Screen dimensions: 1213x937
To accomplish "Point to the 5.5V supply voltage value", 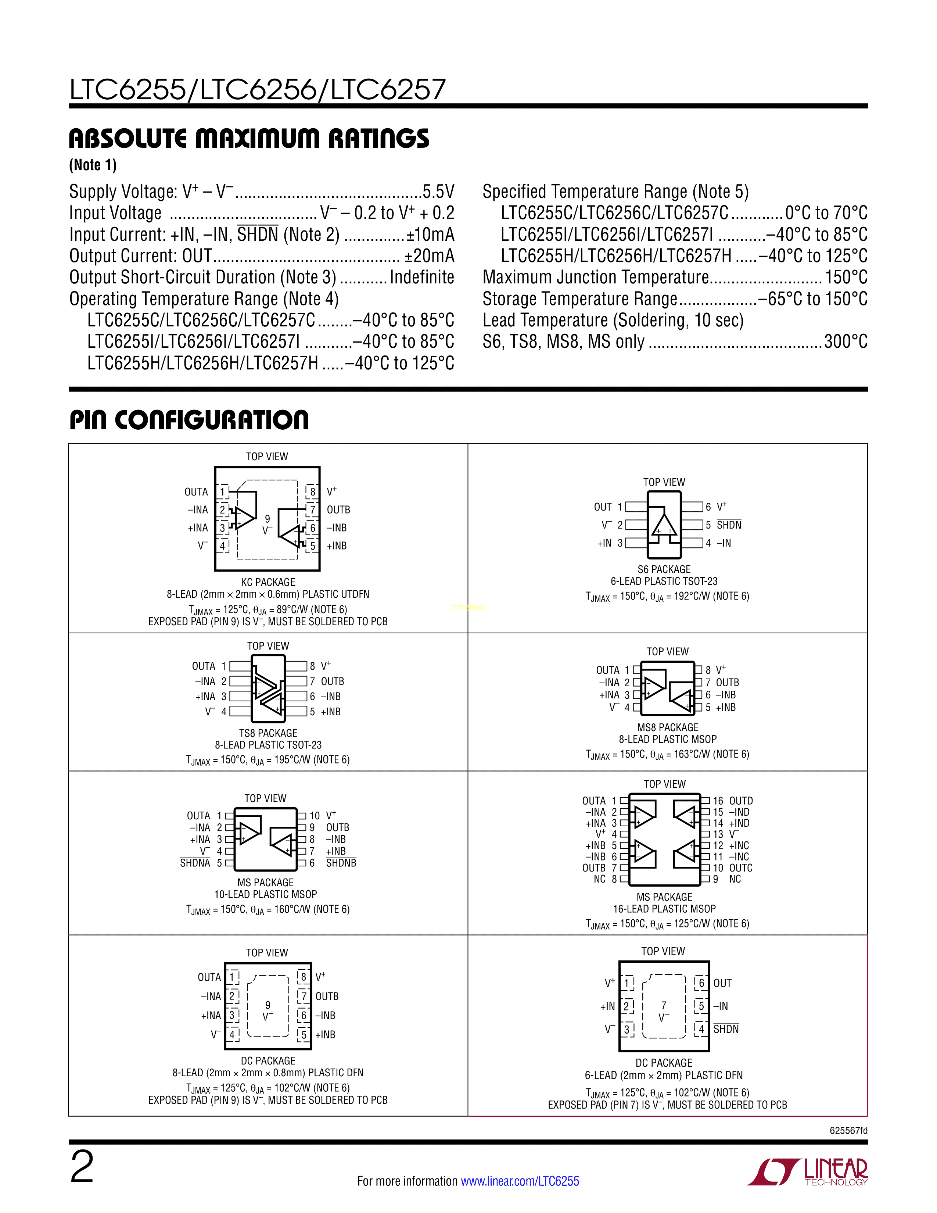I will coord(438,192).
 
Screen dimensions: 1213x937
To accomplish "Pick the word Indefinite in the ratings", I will coord(422,277).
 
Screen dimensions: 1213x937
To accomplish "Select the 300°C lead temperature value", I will coord(846,341).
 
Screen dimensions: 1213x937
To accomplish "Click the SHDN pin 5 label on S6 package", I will coord(729,525).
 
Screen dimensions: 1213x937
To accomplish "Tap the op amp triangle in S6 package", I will coord(664,524).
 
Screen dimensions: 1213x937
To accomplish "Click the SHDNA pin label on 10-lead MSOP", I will coord(195,863).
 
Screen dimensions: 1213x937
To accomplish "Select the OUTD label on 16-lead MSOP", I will coord(741,801).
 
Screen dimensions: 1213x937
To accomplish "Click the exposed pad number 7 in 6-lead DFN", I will coord(664,1005).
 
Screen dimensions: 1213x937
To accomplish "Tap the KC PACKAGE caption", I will coord(268,582).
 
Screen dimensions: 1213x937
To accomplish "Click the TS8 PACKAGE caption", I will coord(268,733).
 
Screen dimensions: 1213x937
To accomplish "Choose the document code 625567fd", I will coord(848,1130).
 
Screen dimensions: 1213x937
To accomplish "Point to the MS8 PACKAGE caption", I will coord(668,727).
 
